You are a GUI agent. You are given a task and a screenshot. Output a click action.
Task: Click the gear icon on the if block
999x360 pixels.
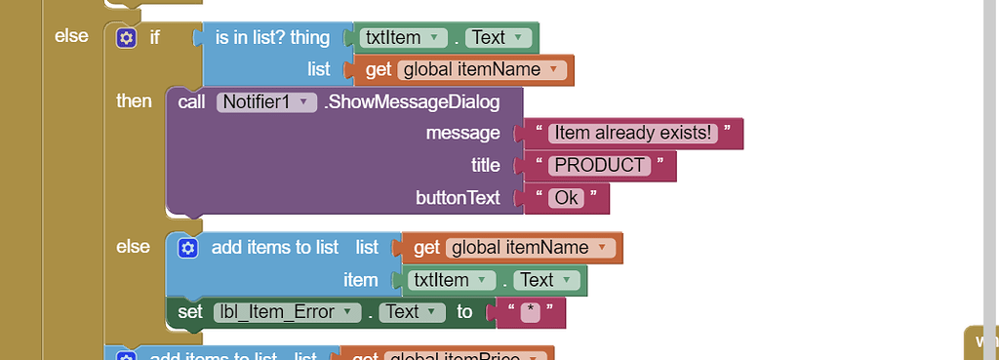coord(126,38)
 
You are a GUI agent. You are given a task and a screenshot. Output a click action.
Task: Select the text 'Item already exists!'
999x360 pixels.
coord(633,133)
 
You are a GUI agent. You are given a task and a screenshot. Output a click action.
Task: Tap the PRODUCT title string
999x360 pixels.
coord(601,165)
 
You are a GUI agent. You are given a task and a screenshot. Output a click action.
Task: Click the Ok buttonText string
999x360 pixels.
coord(566,197)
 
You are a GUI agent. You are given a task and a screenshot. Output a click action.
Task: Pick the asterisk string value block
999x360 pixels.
coord(530,312)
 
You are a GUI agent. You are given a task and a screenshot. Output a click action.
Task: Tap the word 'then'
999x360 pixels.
coord(134,101)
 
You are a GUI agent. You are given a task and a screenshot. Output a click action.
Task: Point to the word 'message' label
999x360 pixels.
coord(462,133)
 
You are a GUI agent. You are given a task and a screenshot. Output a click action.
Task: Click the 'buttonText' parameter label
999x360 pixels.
coord(458,197)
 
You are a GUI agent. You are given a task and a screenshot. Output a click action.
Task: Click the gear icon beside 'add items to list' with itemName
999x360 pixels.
coord(188,248)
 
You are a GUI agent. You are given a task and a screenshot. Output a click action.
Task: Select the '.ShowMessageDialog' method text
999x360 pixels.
coord(412,101)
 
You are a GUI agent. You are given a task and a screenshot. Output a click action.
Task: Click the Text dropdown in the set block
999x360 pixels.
coord(409,312)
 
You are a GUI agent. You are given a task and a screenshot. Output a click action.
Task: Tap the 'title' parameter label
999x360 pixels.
coord(485,165)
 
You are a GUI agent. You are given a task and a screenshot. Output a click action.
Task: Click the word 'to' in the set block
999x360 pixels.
coord(464,312)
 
